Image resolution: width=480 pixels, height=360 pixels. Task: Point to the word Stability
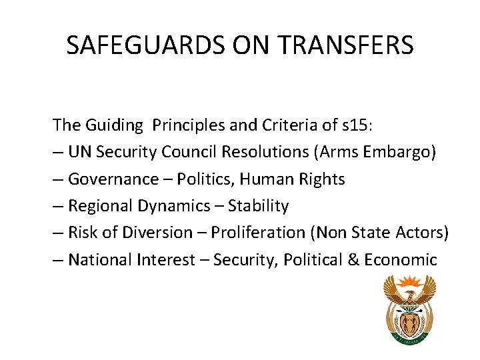(259, 205)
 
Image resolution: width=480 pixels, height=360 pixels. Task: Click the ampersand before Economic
(353, 259)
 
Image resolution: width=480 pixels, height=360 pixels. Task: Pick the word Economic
(400, 259)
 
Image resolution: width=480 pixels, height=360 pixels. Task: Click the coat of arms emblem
(409, 310)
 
